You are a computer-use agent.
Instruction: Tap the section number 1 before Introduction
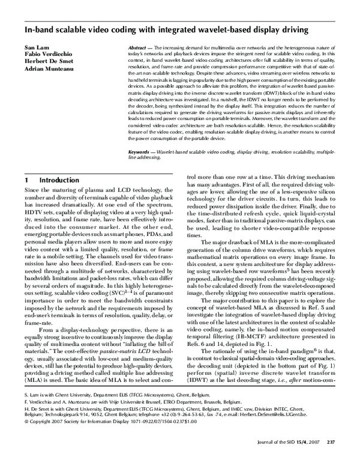pos(27,180)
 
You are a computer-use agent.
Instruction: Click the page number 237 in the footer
pos(330,459)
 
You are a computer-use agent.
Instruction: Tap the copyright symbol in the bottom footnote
pos(26,438)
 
